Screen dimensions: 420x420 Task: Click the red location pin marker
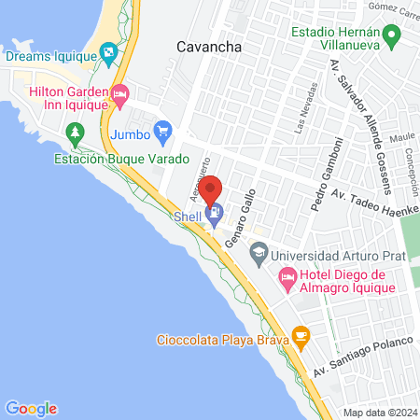tap(211, 189)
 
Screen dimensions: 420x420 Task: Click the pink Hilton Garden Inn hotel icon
tap(119, 94)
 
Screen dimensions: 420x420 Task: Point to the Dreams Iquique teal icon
tap(108, 52)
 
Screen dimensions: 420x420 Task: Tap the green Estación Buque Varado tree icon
tap(76, 138)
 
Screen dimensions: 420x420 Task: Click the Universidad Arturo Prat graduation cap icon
tap(259, 252)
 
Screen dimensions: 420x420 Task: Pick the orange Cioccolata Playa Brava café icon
tap(301, 335)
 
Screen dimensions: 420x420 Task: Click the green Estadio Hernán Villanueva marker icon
tap(392, 36)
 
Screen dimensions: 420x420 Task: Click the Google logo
tap(31, 408)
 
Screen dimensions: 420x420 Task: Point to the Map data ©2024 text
tap(380, 413)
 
